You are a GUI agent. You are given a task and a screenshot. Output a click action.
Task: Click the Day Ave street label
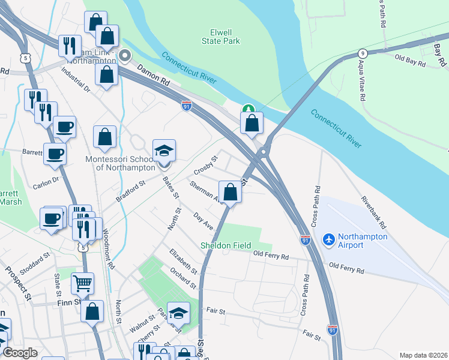[203, 221]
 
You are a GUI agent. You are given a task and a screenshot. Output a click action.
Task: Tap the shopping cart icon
[83, 282]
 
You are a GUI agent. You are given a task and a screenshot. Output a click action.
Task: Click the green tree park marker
[249, 110]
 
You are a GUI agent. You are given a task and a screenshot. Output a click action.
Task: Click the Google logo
[20, 353]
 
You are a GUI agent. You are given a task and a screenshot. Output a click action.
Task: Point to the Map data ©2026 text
[423, 355]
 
